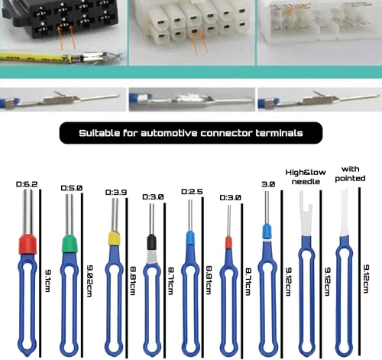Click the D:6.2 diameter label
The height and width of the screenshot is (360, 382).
pos(27,184)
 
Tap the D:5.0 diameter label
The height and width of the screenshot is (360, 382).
pos(72,188)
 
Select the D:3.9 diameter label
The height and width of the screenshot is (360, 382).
pos(116,192)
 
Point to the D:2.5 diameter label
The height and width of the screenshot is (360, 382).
pos(192,192)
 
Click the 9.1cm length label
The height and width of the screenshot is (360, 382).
pos(47,281)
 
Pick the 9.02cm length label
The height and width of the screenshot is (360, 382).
pos(89,281)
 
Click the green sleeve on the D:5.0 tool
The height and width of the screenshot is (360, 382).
pos(70,244)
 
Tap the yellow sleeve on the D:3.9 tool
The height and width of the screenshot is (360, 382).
pos(114,238)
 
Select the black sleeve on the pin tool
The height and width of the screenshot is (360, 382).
pos(151,242)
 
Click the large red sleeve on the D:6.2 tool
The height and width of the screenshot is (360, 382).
pos(28,245)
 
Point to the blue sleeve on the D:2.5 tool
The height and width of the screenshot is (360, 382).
pos(189,238)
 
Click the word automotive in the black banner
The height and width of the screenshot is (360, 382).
pos(170,133)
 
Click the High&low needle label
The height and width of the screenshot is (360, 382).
pos(306,177)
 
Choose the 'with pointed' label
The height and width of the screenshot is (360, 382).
pos(350,174)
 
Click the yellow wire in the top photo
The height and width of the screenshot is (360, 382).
pos(32,57)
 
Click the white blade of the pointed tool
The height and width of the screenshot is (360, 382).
pos(345,212)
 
